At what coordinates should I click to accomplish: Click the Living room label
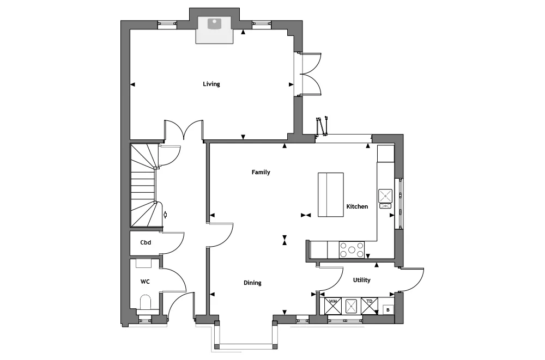[x=211, y=84]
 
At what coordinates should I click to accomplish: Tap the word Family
[x=261, y=172]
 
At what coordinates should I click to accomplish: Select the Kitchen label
[x=357, y=206]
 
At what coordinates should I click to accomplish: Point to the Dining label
[x=252, y=283]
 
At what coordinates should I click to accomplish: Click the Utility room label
[x=361, y=280]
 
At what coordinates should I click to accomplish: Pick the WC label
[x=145, y=282]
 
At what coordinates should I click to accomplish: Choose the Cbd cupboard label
[x=146, y=242]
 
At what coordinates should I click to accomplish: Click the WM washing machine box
[x=333, y=306]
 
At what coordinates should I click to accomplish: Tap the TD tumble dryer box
[x=370, y=306]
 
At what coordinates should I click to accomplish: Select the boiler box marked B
[x=388, y=309]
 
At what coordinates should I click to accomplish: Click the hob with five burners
[x=352, y=250]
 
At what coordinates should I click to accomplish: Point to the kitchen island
[x=331, y=195]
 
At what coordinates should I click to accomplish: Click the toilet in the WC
[x=146, y=302]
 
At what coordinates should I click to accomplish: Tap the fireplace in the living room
[x=214, y=30]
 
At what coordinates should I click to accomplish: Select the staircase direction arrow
[x=165, y=215]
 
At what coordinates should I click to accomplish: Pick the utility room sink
[x=352, y=306]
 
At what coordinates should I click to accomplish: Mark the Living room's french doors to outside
[x=311, y=74]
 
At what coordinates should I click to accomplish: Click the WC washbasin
[x=143, y=264]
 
